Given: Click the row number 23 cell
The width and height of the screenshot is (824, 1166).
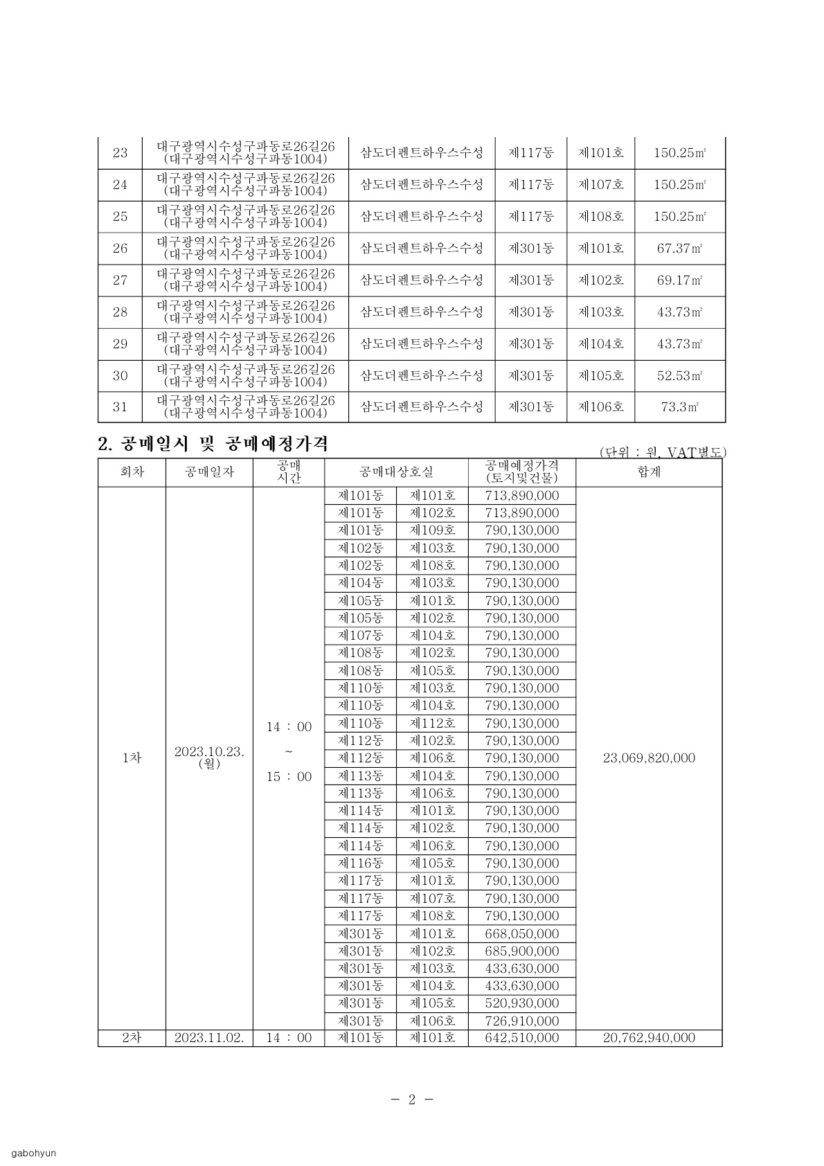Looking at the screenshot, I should coord(120,153).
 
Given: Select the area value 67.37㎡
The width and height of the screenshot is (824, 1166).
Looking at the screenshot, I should coord(680,249).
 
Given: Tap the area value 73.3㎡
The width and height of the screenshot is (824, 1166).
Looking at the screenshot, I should coord(680,407).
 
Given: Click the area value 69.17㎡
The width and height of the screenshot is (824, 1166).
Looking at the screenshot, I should coord(680,280).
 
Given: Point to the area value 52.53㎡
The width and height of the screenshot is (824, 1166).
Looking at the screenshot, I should coord(680,375).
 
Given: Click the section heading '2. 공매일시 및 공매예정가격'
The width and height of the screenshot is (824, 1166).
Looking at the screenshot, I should coord(213,445).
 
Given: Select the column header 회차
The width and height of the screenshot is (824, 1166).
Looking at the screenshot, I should coord(132,472).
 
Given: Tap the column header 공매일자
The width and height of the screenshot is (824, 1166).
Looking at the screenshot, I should coord(209,472).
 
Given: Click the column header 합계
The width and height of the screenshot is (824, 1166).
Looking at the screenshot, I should coord(649,472).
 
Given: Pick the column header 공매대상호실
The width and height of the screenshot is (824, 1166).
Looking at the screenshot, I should coord(396,472).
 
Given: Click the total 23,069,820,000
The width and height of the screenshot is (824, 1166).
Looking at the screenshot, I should coord(649,758).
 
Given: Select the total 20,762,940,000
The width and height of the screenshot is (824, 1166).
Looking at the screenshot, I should coord(649,1038).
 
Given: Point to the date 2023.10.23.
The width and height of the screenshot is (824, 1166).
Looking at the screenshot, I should coord(209,752).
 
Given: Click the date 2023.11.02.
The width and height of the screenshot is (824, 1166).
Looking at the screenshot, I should coord(209,1038).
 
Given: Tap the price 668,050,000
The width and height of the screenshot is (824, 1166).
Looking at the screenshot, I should coord(521,934).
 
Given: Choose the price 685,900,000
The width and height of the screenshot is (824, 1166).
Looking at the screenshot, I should coord(521,951).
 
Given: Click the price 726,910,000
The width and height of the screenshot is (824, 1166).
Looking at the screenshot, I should coord(521,1021).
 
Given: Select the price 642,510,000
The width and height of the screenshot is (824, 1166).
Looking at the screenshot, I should coord(521,1038).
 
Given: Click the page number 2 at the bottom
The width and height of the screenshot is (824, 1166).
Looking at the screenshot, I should coord(411,1100).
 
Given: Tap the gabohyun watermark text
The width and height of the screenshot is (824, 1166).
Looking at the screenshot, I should coord(33,1153).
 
